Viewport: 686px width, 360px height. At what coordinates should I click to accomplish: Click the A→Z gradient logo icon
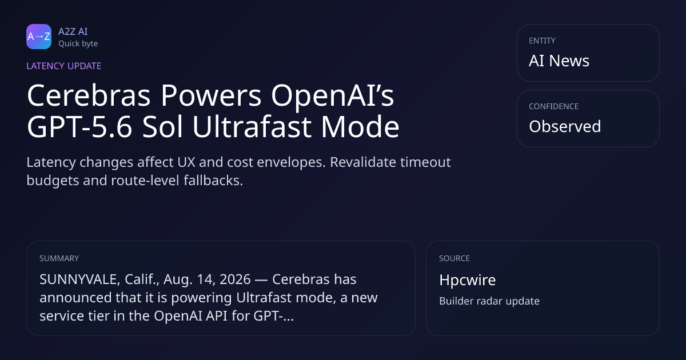[39, 37]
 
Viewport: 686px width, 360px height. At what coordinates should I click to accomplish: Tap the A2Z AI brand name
[73, 31]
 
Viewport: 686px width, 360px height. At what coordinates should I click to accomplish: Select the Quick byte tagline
[78, 44]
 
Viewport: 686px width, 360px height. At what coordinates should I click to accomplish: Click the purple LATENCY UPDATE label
[63, 66]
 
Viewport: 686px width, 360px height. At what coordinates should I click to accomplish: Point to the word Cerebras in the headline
[89, 95]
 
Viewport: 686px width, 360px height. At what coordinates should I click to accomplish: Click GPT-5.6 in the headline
[79, 127]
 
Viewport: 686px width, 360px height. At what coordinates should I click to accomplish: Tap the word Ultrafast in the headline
[252, 127]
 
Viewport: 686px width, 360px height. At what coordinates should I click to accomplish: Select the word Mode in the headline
[360, 127]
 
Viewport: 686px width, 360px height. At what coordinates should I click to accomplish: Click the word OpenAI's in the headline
[333, 95]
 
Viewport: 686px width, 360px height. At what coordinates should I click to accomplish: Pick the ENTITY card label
[542, 41]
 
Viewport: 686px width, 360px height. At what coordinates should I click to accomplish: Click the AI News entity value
[559, 61]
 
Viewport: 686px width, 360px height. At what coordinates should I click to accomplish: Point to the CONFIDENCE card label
[554, 106]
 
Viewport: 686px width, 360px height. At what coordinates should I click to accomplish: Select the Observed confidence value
[565, 126]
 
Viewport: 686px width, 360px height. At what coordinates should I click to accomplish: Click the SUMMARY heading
[59, 258]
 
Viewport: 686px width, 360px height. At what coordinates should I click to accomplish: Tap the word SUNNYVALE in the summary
[78, 279]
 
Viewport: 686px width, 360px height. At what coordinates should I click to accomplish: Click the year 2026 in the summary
[235, 279]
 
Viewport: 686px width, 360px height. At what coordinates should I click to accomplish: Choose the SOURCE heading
[454, 258]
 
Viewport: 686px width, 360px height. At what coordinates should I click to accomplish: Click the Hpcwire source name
[468, 280]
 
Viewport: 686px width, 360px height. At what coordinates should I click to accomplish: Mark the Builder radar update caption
[489, 301]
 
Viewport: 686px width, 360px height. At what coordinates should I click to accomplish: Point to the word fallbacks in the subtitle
[213, 181]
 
